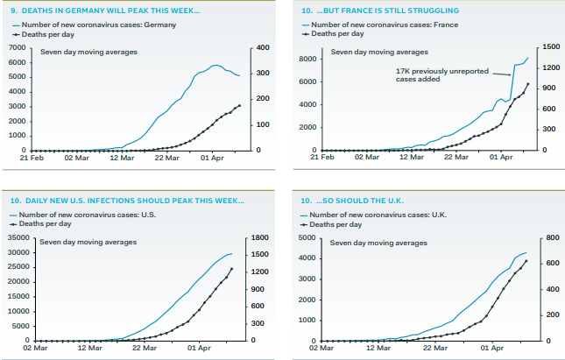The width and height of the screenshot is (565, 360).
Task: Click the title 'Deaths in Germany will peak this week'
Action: (105, 10)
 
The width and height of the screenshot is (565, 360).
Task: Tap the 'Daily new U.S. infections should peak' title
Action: (128, 201)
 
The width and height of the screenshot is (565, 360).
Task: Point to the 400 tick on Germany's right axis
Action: (264, 47)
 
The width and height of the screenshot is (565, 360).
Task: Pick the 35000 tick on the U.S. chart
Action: (17, 237)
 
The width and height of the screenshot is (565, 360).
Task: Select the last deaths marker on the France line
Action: (528, 84)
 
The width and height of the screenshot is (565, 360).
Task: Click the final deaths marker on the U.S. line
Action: (232, 269)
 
